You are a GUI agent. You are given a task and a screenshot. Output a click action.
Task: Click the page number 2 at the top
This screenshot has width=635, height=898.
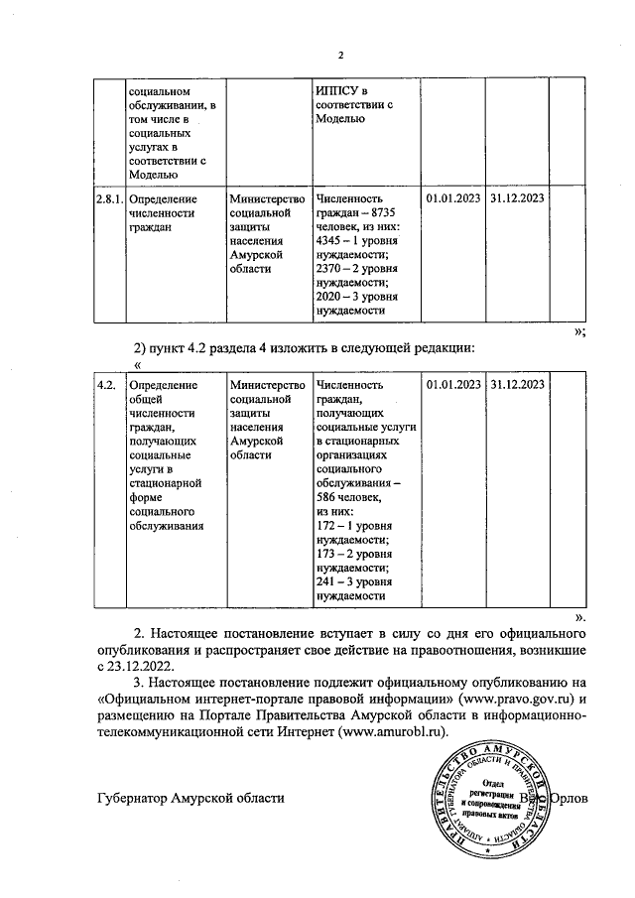[x=339, y=55]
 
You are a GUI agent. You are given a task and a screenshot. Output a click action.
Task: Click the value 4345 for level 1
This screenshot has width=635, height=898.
[x=329, y=241]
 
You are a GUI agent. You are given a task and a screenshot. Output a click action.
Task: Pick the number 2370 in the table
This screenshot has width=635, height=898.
[x=329, y=269]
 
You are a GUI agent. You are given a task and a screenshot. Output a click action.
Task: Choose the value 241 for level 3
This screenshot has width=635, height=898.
[x=326, y=584]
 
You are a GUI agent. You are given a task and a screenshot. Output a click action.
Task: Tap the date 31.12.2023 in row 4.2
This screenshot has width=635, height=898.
[x=517, y=384]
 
